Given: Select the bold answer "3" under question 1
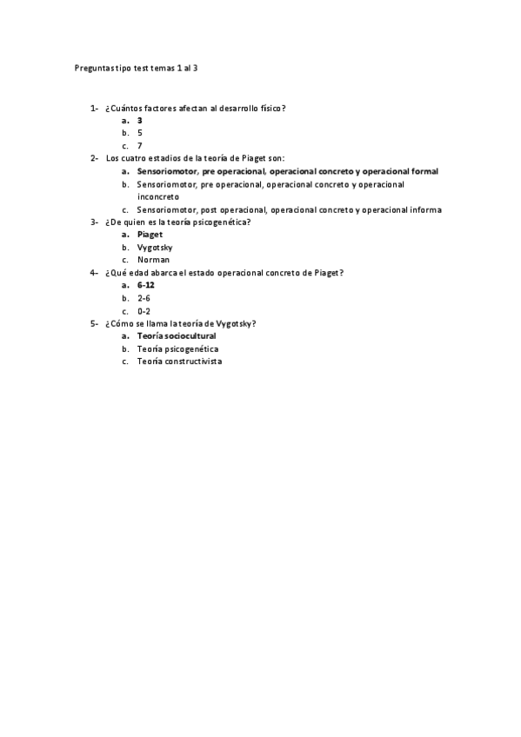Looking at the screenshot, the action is click(140, 121).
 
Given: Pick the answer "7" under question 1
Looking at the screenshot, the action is click(140, 146).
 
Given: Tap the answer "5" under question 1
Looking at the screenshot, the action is click(140, 133).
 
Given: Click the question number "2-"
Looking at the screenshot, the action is click(94, 158).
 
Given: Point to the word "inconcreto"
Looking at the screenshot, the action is click(158, 196).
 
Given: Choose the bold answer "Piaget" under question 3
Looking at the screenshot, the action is click(150, 235).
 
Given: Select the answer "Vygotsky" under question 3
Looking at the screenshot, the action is click(155, 247).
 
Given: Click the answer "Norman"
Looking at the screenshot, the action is click(153, 260).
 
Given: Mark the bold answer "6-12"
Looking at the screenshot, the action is click(146, 285).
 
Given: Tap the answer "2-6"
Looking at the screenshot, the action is click(144, 298).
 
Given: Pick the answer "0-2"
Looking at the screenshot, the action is click(144, 310).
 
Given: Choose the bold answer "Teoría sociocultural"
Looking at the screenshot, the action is click(177, 335).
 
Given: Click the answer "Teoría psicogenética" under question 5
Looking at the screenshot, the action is click(177, 349).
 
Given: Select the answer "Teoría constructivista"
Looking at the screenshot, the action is click(179, 361).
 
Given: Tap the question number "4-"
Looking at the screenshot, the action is click(94, 273).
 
